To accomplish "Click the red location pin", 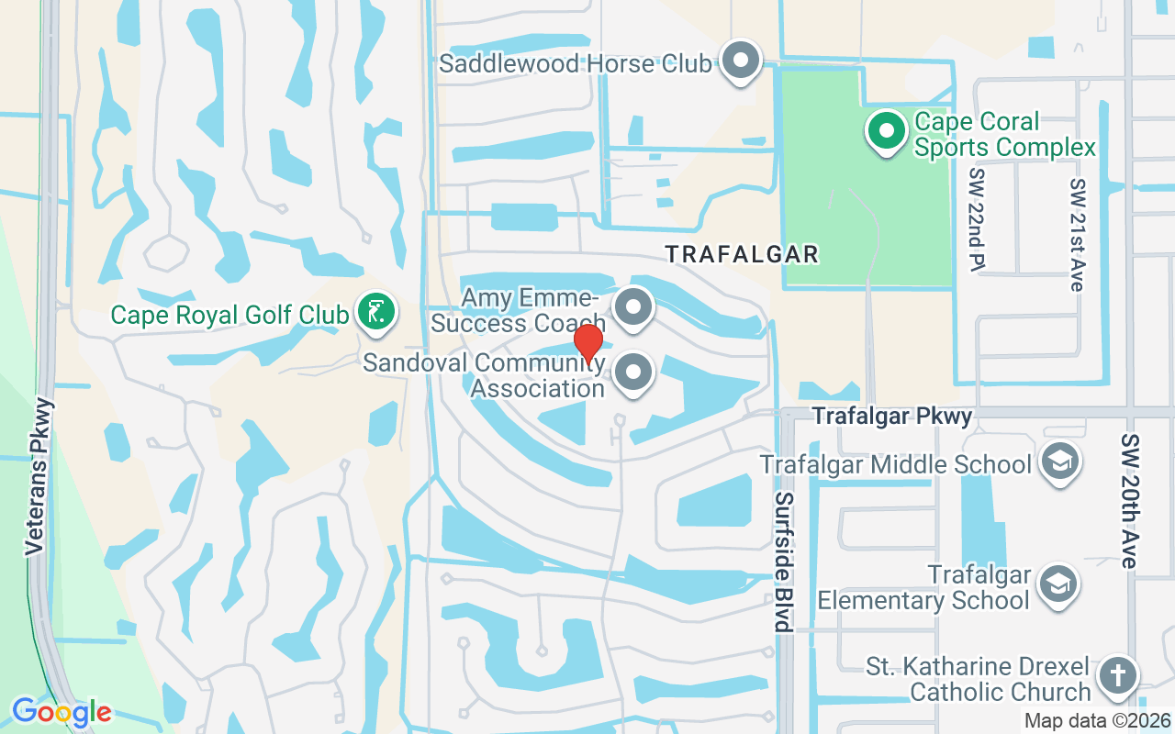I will (x=587, y=341).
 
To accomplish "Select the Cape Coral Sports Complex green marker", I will (x=886, y=131).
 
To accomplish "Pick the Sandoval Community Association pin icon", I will (x=632, y=373).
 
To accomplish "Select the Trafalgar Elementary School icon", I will (x=1058, y=584).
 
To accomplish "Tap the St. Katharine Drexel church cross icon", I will (x=1117, y=676).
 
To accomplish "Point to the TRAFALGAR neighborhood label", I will (x=742, y=254).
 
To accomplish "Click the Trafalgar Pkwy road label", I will (x=891, y=417).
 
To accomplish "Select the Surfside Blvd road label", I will (x=783, y=562).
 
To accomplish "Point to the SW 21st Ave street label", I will (x=1077, y=234).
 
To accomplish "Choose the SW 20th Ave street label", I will (x=1129, y=501).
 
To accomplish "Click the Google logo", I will (x=62, y=712).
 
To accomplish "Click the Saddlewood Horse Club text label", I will (x=576, y=63).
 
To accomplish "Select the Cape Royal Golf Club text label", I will (x=229, y=315).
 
